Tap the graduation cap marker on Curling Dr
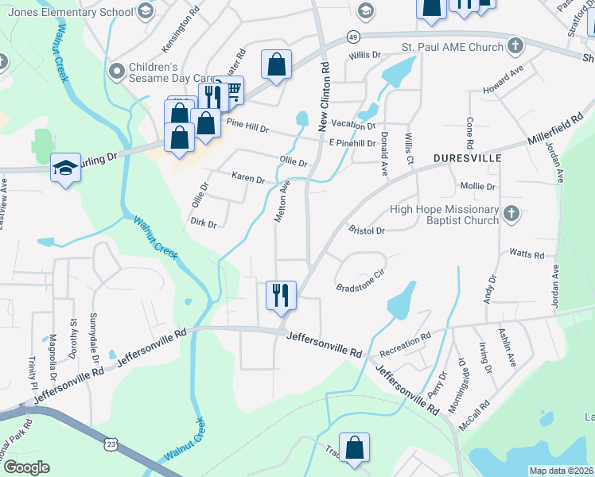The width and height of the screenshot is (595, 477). pos(66,168)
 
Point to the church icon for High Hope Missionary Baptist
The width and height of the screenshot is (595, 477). pos(511,213)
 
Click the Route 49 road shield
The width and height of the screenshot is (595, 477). pos(352,37)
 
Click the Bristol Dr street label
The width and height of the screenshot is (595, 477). pos(367,231)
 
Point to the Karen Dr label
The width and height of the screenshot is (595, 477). pos(247,178)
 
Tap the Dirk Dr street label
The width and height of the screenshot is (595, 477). pos(204,224)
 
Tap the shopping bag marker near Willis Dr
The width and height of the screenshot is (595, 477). pos(276,65)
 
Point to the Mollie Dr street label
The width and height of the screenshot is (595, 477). pos(477,187)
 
